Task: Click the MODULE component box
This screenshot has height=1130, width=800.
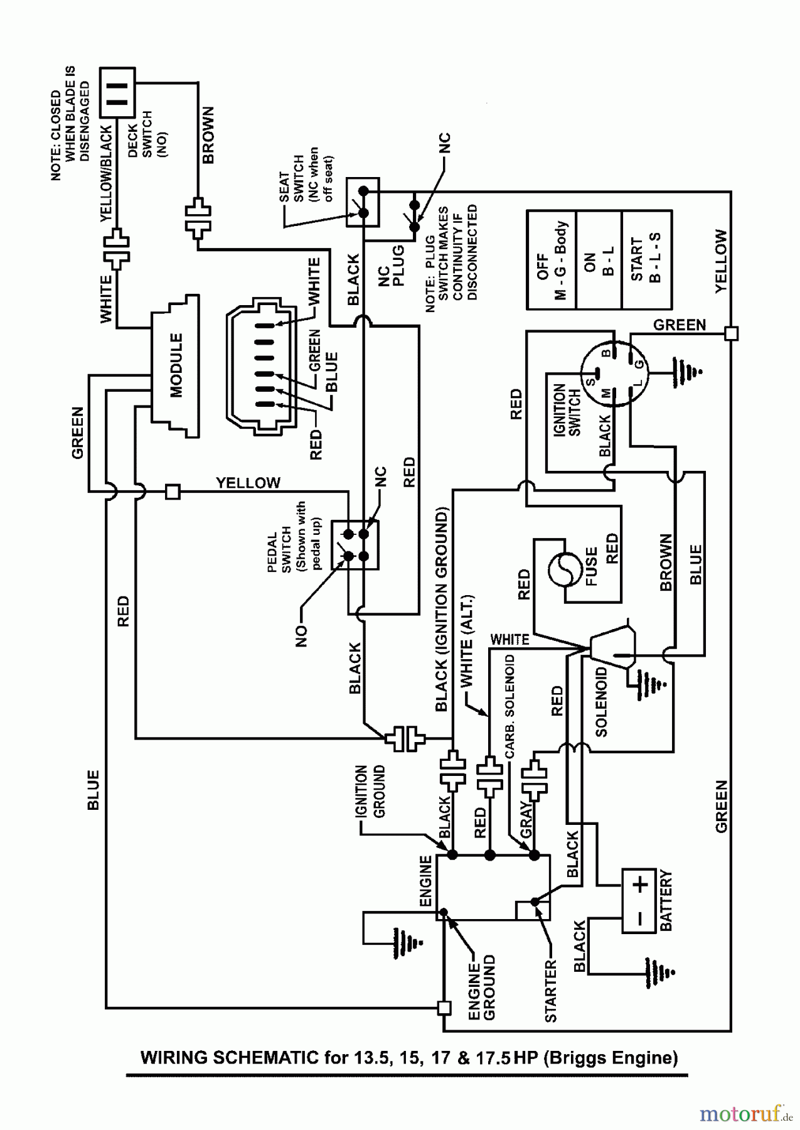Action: click(176, 365)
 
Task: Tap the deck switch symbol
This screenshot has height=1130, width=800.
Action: click(117, 92)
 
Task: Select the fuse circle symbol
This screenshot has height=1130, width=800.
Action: click(562, 570)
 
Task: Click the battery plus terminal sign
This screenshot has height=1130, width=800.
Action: click(639, 886)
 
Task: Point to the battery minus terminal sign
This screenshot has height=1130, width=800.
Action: click(639, 918)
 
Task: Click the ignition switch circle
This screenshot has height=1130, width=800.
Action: click(614, 374)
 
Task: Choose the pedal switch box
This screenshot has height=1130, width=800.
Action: click(355, 544)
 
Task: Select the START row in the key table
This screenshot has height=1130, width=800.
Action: click(646, 260)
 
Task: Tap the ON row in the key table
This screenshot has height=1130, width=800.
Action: click(599, 260)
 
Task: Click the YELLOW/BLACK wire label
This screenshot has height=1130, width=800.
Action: click(106, 174)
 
